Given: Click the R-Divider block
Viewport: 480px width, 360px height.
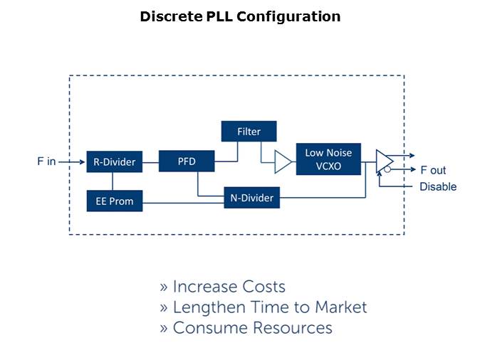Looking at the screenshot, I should [x=115, y=162].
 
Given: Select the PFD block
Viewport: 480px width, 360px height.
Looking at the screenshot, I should [x=187, y=162].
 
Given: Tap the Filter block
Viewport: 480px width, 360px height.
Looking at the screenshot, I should [x=249, y=132].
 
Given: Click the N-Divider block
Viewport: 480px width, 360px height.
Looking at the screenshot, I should [x=252, y=198].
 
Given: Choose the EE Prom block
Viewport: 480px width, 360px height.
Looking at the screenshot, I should [x=115, y=201].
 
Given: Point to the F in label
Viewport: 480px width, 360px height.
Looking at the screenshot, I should [x=46, y=162].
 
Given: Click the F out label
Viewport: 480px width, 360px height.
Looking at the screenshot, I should [x=433, y=170].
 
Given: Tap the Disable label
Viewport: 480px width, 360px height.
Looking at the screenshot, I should [x=438, y=187].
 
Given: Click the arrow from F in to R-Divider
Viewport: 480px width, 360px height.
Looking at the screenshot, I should [x=72, y=162].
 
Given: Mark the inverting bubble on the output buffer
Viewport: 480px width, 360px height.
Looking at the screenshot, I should [x=387, y=170].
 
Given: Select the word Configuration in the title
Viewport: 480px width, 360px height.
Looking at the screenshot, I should [x=288, y=16].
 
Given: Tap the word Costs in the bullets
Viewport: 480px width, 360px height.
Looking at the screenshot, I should [x=262, y=287].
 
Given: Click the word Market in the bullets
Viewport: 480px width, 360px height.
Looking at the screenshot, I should [x=336, y=307].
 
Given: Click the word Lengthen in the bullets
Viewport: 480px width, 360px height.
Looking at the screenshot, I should [x=206, y=307].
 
